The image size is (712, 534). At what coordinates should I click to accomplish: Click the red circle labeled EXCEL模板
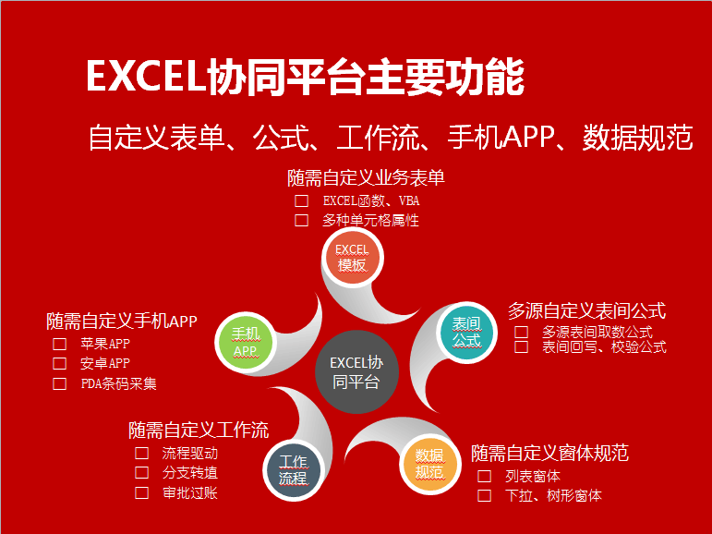pyautogui.click(x=353, y=258)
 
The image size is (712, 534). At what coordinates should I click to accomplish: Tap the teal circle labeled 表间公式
pyautogui.click(x=466, y=333)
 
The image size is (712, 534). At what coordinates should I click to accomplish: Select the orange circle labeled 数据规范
pyautogui.click(x=429, y=464)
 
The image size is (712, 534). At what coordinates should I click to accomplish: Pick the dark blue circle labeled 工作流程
pyautogui.click(x=293, y=470)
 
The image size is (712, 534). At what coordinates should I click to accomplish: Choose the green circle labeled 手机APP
pyautogui.click(x=246, y=342)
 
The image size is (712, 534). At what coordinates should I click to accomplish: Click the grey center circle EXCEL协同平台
pyautogui.click(x=356, y=371)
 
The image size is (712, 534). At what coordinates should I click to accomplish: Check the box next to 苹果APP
pyautogui.click(x=59, y=344)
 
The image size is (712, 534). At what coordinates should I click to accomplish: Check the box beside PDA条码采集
pyautogui.click(x=59, y=384)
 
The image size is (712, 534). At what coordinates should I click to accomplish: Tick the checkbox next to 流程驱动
pyautogui.click(x=141, y=453)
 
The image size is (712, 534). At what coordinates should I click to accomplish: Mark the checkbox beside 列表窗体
pyautogui.click(x=485, y=477)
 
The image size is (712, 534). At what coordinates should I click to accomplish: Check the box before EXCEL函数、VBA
pyautogui.click(x=301, y=200)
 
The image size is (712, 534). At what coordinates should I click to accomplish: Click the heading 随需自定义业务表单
pyautogui.click(x=366, y=177)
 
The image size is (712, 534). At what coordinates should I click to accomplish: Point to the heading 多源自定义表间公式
pyautogui.click(x=586, y=310)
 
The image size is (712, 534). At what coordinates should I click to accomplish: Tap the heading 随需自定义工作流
pyautogui.click(x=199, y=430)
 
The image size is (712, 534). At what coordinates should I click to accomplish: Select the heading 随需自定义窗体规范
pyautogui.click(x=549, y=453)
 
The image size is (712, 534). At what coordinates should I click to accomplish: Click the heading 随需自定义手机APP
pyautogui.click(x=122, y=322)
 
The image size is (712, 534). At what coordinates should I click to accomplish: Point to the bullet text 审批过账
pyautogui.click(x=190, y=493)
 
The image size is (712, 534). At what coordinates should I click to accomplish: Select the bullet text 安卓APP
pyautogui.click(x=105, y=363)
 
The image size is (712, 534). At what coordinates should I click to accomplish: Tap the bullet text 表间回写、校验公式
pyautogui.click(x=604, y=347)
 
